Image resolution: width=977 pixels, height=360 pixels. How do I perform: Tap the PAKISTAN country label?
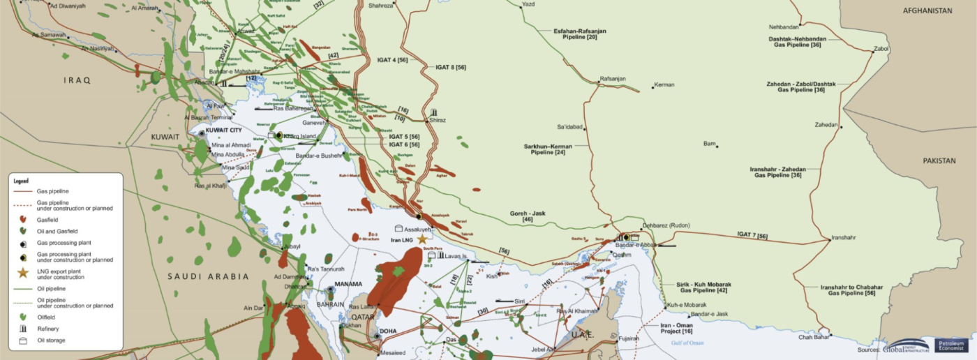(939, 161)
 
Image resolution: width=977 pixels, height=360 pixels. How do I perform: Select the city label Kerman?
(664, 85)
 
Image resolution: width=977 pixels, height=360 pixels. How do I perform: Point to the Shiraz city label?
(438, 120)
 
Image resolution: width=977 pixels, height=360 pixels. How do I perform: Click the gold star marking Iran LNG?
(422, 239)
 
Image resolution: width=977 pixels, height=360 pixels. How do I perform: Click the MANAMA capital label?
(348, 284)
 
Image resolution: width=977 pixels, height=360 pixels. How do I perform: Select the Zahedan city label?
(826, 125)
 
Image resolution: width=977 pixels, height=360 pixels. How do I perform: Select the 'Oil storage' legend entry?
(50, 340)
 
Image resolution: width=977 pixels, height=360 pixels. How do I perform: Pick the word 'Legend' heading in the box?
(22, 181)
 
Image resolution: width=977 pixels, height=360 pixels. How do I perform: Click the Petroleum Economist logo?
(951, 345)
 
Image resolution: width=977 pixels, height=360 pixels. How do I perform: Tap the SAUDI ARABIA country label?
(208, 277)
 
